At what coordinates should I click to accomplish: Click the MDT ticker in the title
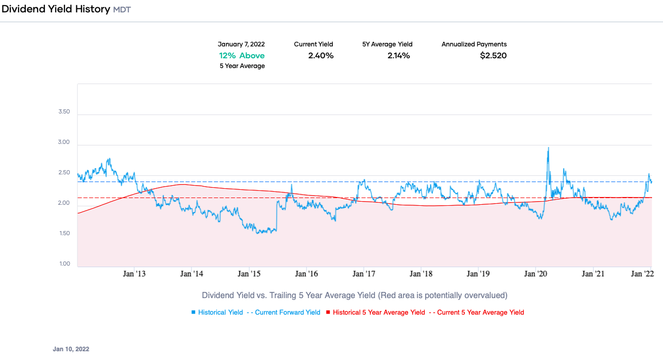[x=122, y=10]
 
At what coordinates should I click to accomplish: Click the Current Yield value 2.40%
[x=320, y=56]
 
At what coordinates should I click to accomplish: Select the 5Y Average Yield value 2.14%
[x=398, y=56]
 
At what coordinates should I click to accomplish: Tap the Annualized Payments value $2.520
[x=493, y=56]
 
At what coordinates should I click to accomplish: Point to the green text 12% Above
[x=241, y=56]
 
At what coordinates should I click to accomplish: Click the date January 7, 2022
[x=241, y=44]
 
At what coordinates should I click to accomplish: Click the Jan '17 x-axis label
[x=364, y=274]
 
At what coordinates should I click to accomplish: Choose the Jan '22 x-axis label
[x=642, y=274]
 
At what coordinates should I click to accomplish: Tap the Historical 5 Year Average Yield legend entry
[x=379, y=313]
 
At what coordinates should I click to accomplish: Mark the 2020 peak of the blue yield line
[x=548, y=148]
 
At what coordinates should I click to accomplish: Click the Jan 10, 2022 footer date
[x=71, y=349]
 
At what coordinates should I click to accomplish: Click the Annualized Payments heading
[x=474, y=44]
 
